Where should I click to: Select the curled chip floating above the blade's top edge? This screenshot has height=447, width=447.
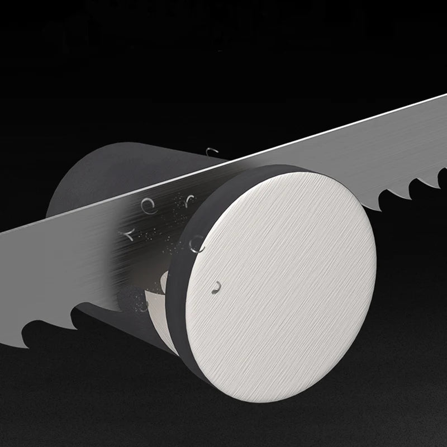point(211,152)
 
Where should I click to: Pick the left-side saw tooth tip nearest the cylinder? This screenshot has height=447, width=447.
point(73,310)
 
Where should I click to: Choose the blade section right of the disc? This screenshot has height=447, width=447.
point(391,151)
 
